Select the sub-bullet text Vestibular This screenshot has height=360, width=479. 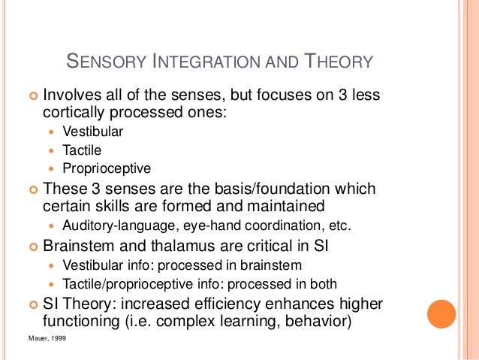coord(93,132)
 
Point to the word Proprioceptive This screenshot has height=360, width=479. coord(107,168)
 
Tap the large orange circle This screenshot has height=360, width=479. coord(441,314)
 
